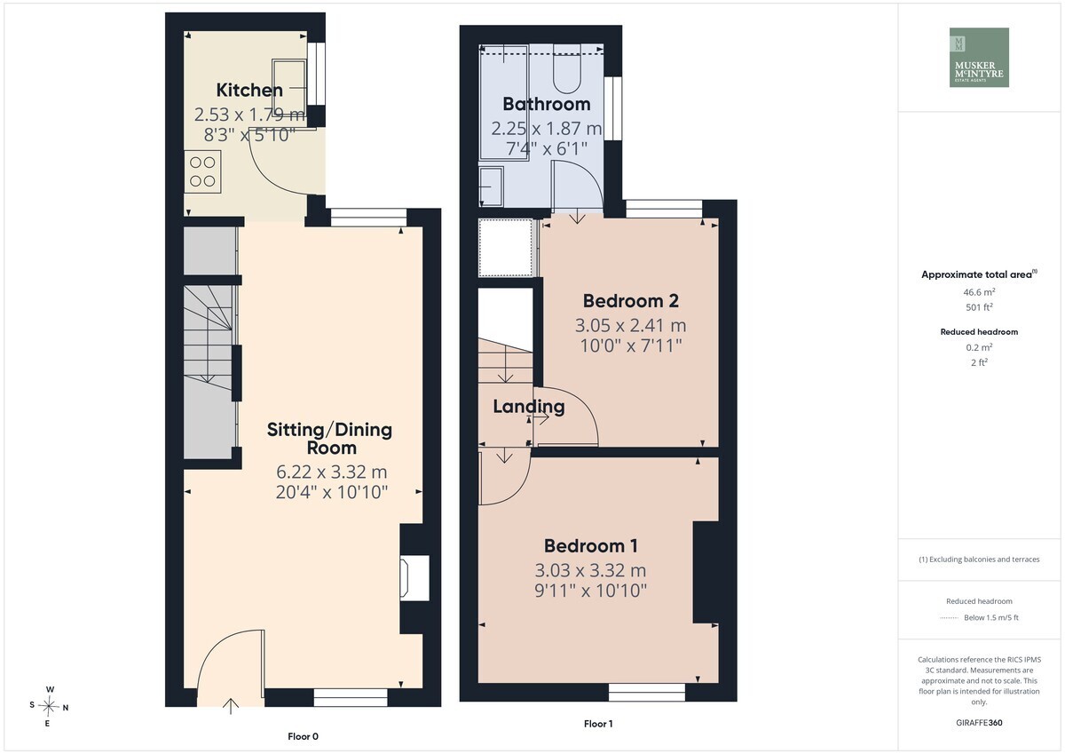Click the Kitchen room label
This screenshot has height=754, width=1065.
[249, 90]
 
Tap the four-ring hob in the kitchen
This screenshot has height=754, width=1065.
[202, 171]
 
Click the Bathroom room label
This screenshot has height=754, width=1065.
[547, 104]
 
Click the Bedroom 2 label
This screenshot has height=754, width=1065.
[630, 301]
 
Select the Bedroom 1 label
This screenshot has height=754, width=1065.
[590, 545]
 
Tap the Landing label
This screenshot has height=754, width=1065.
[529, 407]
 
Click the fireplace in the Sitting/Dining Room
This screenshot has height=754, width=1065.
[414, 578]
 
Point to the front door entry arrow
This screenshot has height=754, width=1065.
[231, 706]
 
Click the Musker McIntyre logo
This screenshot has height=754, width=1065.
[979, 57]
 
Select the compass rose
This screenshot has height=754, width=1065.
[48, 706]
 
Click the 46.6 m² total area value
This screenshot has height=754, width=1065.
[979, 292]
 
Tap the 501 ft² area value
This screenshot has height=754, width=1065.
[979, 307]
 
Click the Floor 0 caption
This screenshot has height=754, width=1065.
[303, 736]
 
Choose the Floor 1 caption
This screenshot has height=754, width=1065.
[598, 724]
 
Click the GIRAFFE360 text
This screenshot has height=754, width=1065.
[979, 723]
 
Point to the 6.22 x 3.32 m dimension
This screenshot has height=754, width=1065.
[331, 472]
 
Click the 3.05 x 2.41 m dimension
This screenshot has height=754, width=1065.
[630, 325]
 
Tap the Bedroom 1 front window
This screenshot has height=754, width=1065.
[647, 692]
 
